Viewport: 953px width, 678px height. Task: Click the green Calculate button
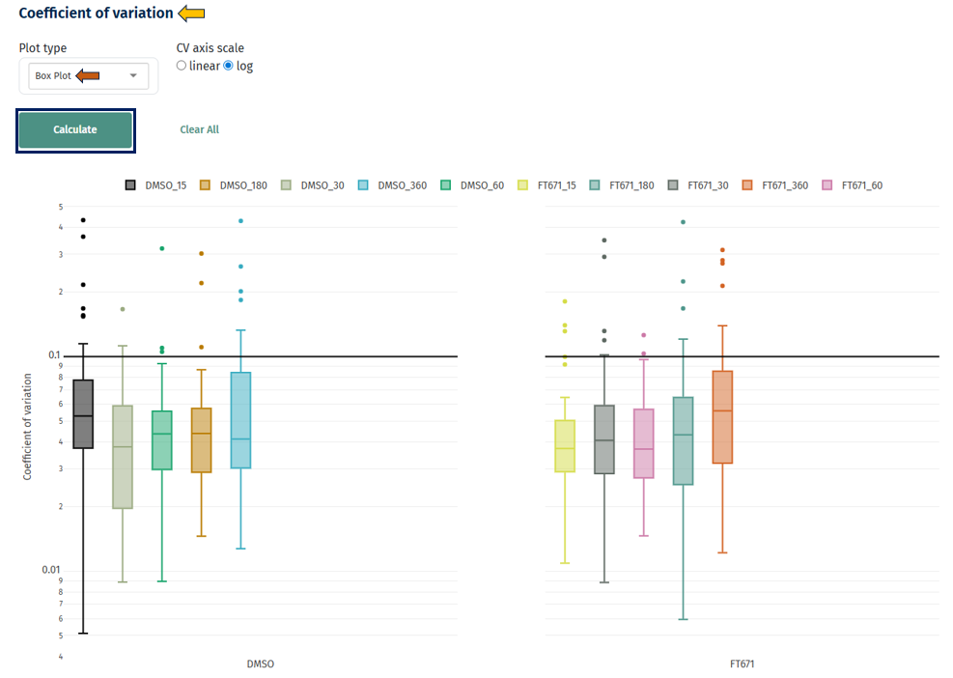[75, 129]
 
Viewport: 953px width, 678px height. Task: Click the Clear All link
[199, 129]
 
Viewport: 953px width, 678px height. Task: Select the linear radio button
[182, 66]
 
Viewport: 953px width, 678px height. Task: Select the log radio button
[229, 66]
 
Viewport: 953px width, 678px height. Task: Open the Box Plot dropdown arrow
[133, 75]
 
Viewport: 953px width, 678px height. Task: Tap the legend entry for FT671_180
[623, 185]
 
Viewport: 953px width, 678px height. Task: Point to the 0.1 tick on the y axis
[56, 355]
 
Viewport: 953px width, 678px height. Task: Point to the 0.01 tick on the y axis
[54, 570]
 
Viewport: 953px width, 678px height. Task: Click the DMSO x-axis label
[260, 664]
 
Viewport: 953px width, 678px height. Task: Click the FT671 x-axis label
[743, 664]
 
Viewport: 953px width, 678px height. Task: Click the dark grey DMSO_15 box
[83, 413]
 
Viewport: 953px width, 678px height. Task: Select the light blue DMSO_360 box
[240, 420]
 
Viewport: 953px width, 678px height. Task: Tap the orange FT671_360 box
[722, 416]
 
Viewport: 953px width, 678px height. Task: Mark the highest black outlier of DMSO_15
[83, 220]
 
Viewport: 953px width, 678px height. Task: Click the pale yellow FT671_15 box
[566, 445]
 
